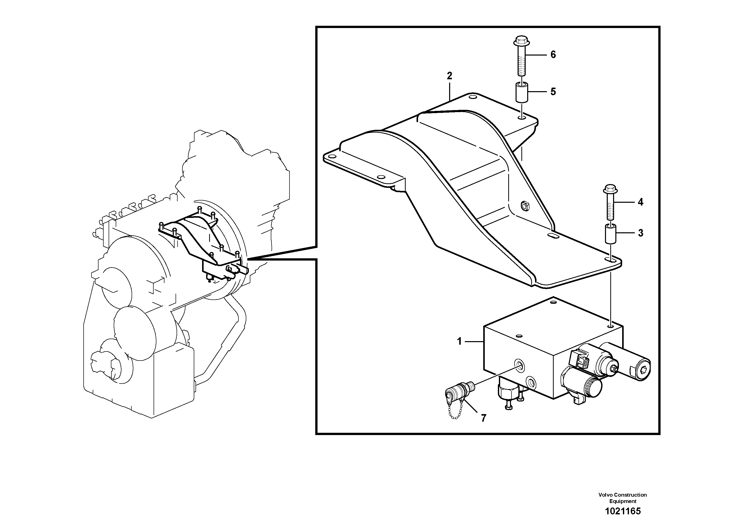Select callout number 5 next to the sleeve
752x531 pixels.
[553, 92]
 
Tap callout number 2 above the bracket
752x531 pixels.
[449, 76]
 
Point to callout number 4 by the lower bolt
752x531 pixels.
[640, 202]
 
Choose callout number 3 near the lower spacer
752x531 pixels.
[640, 233]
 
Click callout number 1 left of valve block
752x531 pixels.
[459, 341]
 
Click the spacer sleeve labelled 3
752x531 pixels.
[610, 233]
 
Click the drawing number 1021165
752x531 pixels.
[622, 511]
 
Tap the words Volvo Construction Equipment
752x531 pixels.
[622, 498]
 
